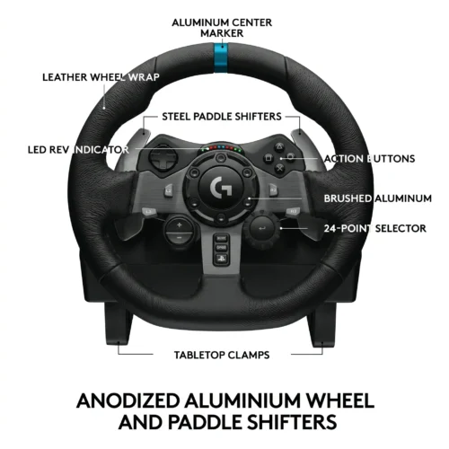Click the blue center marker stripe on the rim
221,57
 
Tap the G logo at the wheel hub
221,188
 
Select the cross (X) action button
279,169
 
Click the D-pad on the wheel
163,157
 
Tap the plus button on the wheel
179,225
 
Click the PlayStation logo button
221,259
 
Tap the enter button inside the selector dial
262,228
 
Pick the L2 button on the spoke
169,190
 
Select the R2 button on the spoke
273,190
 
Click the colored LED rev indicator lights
222,148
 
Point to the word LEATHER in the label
65,77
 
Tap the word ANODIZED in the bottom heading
128,401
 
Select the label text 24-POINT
348,228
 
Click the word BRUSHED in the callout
348,198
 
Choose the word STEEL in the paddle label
177,117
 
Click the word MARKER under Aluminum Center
222,33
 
